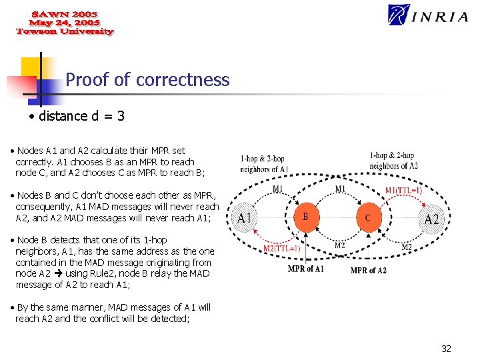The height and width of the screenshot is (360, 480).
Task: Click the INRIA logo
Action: [427, 15]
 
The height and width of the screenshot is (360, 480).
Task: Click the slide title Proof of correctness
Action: [147, 80]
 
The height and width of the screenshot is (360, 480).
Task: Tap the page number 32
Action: [446, 349]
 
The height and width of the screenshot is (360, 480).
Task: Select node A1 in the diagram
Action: [245, 218]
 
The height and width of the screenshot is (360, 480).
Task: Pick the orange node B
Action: [305, 217]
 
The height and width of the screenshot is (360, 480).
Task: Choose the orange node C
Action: [368, 217]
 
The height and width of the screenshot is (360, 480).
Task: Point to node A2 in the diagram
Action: [432, 219]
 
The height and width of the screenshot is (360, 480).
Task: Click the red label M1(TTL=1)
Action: [403, 190]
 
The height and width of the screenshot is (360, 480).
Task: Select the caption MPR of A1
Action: [306, 269]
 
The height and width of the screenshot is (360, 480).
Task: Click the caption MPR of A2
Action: [368, 270]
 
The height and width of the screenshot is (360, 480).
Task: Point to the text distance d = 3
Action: [82, 116]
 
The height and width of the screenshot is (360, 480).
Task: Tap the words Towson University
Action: [65, 31]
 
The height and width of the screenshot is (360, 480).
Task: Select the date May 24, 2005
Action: [64, 23]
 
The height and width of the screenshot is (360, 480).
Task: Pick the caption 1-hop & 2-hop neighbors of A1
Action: [263, 164]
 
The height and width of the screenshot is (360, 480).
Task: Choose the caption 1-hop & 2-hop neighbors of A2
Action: [394, 160]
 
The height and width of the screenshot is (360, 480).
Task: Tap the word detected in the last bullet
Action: [171, 319]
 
